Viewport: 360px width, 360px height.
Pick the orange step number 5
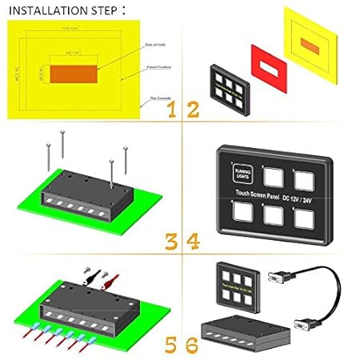pos(172,345)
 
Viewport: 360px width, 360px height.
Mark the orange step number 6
pos(192,345)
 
